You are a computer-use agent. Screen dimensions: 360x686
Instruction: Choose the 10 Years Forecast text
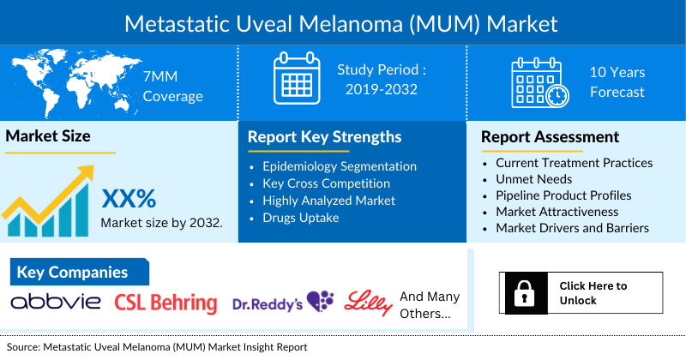pos(617,81)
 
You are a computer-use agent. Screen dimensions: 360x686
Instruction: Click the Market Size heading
pos(49,135)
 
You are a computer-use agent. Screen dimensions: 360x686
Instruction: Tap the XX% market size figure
pos(129,199)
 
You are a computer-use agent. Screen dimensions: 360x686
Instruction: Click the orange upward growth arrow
pos(51,193)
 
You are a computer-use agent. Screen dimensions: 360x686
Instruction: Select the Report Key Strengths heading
pos(324,137)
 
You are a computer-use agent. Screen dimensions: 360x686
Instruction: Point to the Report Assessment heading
pos(550,137)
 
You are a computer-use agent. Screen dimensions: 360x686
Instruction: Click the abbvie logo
pos(56,302)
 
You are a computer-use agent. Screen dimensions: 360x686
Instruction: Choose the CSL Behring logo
pos(165,303)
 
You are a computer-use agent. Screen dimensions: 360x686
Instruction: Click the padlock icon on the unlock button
pos(522,295)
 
